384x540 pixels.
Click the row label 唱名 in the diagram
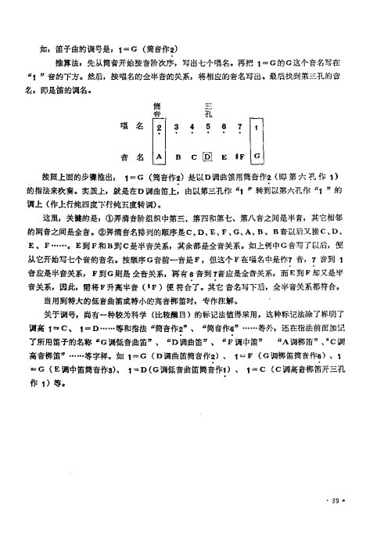pyautogui.click(x=128, y=125)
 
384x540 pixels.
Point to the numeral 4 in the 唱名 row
pyautogui.click(x=192, y=126)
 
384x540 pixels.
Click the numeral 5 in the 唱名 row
pyautogui.click(x=208, y=126)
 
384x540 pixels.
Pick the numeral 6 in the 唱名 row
pyautogui.click(x=224, y=126)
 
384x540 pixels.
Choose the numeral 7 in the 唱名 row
pyautogui.click(x=240, y=126)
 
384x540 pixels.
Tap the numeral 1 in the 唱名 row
pyautogui.click(x=257, y=126)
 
